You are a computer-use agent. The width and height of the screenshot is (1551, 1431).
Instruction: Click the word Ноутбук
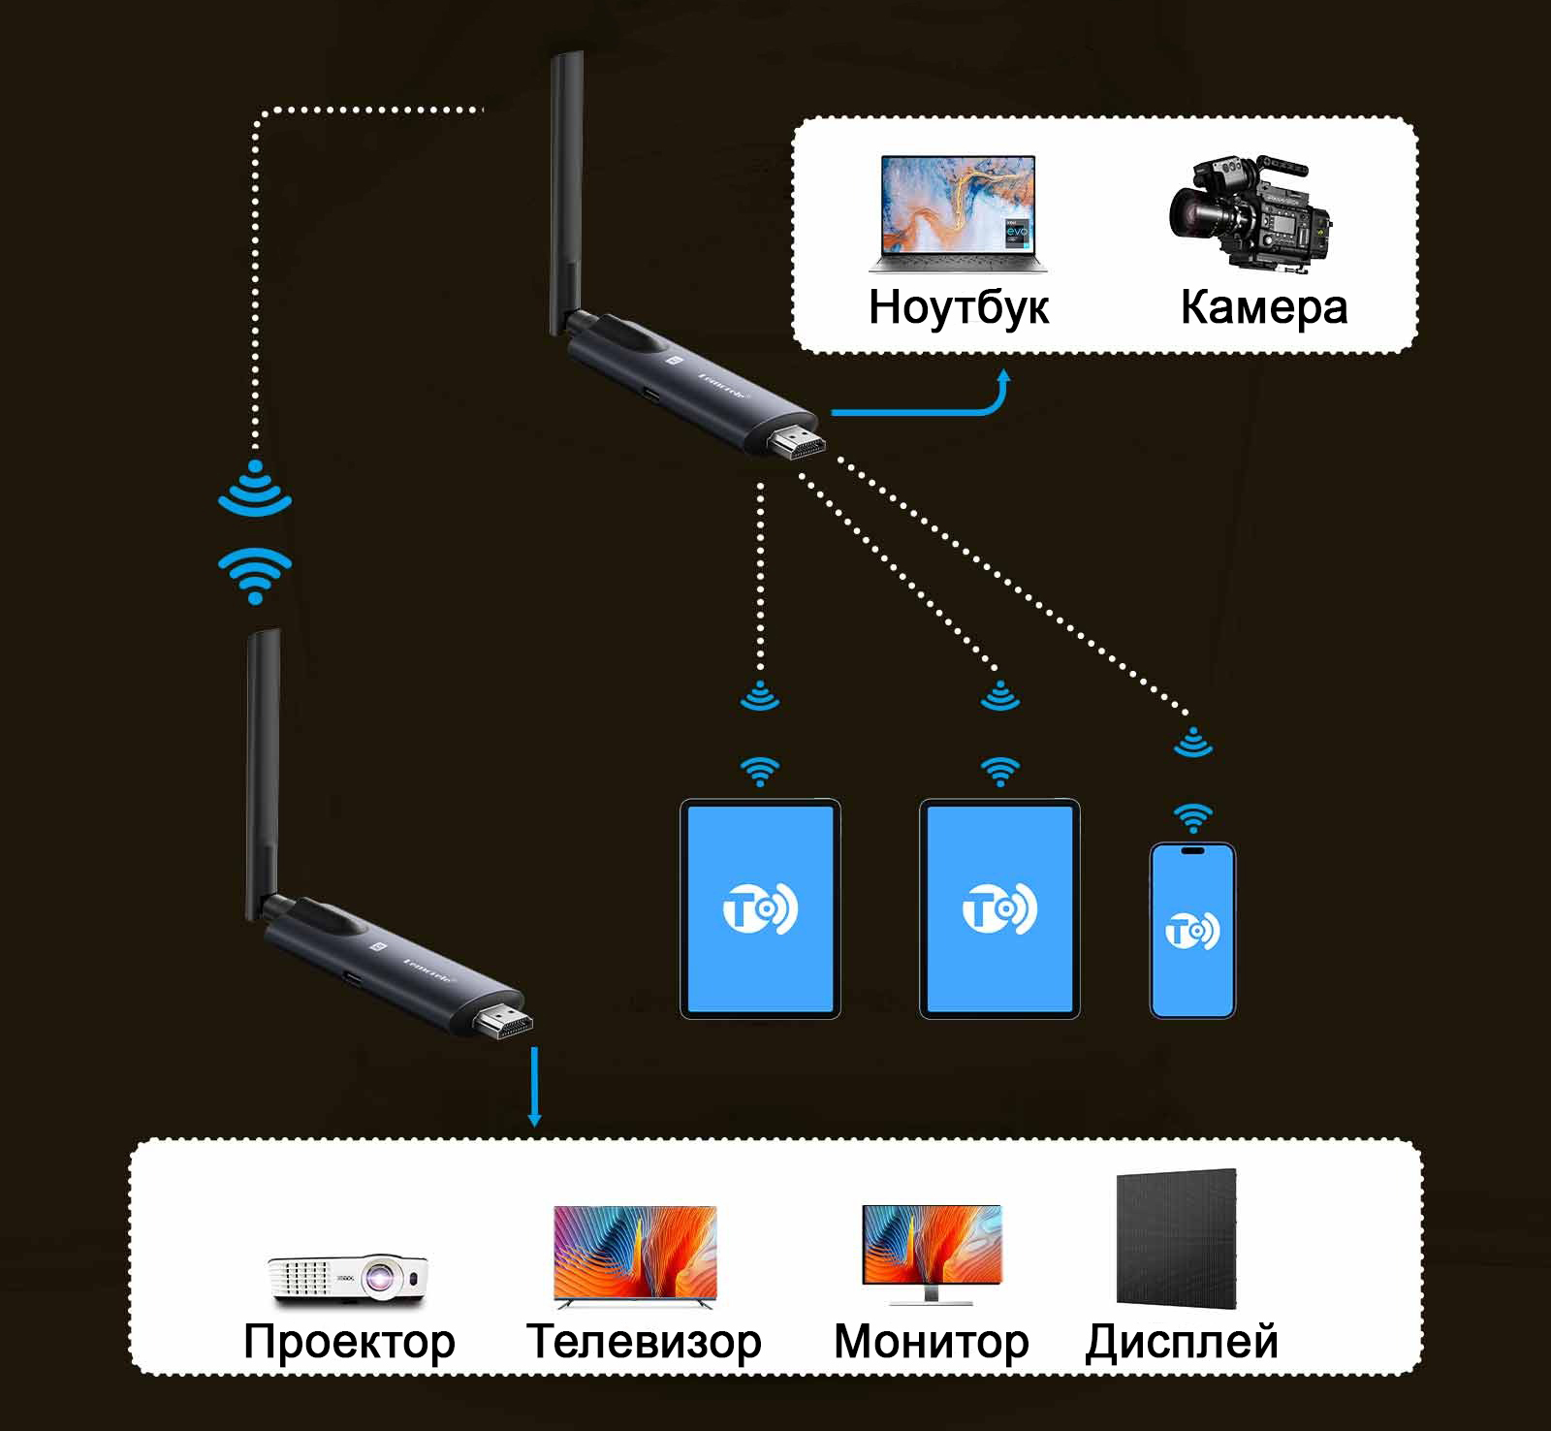pyautogui.click(x=958, y=307)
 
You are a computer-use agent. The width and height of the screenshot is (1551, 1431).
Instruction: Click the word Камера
pyautogui.click(x=1263, y=307)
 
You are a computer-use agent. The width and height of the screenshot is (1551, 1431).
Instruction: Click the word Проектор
pyautogui.click(x=349, y=1342)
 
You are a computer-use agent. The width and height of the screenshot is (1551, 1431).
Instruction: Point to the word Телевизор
pyautogui.click(x=644, y=1342)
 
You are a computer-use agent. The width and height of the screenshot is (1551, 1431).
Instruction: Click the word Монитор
pyautogui.click(x=931, y=1342)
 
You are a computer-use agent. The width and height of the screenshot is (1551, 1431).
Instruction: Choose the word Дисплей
pyautogui.click(x=1182, y=1342)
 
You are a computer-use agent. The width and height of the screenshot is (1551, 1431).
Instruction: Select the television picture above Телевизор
pyautogui.click(x=635, y=1253)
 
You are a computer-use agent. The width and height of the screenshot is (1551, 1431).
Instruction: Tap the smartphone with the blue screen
pyautogui.click(x=1192, y=931)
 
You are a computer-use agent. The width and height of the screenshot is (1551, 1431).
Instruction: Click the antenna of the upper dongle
pyautogui.click(x=566, y=194)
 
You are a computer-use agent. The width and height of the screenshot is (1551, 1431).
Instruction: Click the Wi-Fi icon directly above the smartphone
pyautogui.click(x=1193, y=817)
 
